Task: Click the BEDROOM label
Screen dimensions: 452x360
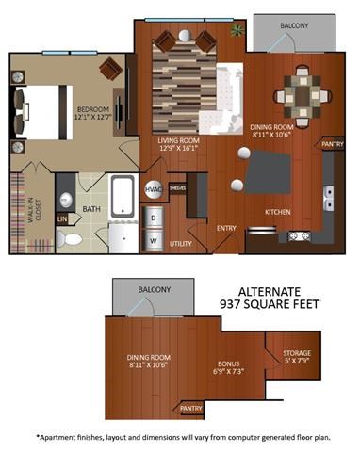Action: pos(95,110)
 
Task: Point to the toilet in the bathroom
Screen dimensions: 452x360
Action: pos(70,238)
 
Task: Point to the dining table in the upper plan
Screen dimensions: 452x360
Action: pos(298,94)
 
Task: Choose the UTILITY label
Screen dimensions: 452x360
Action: pos(180,243)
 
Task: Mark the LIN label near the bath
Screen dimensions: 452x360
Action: pos(62,218)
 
